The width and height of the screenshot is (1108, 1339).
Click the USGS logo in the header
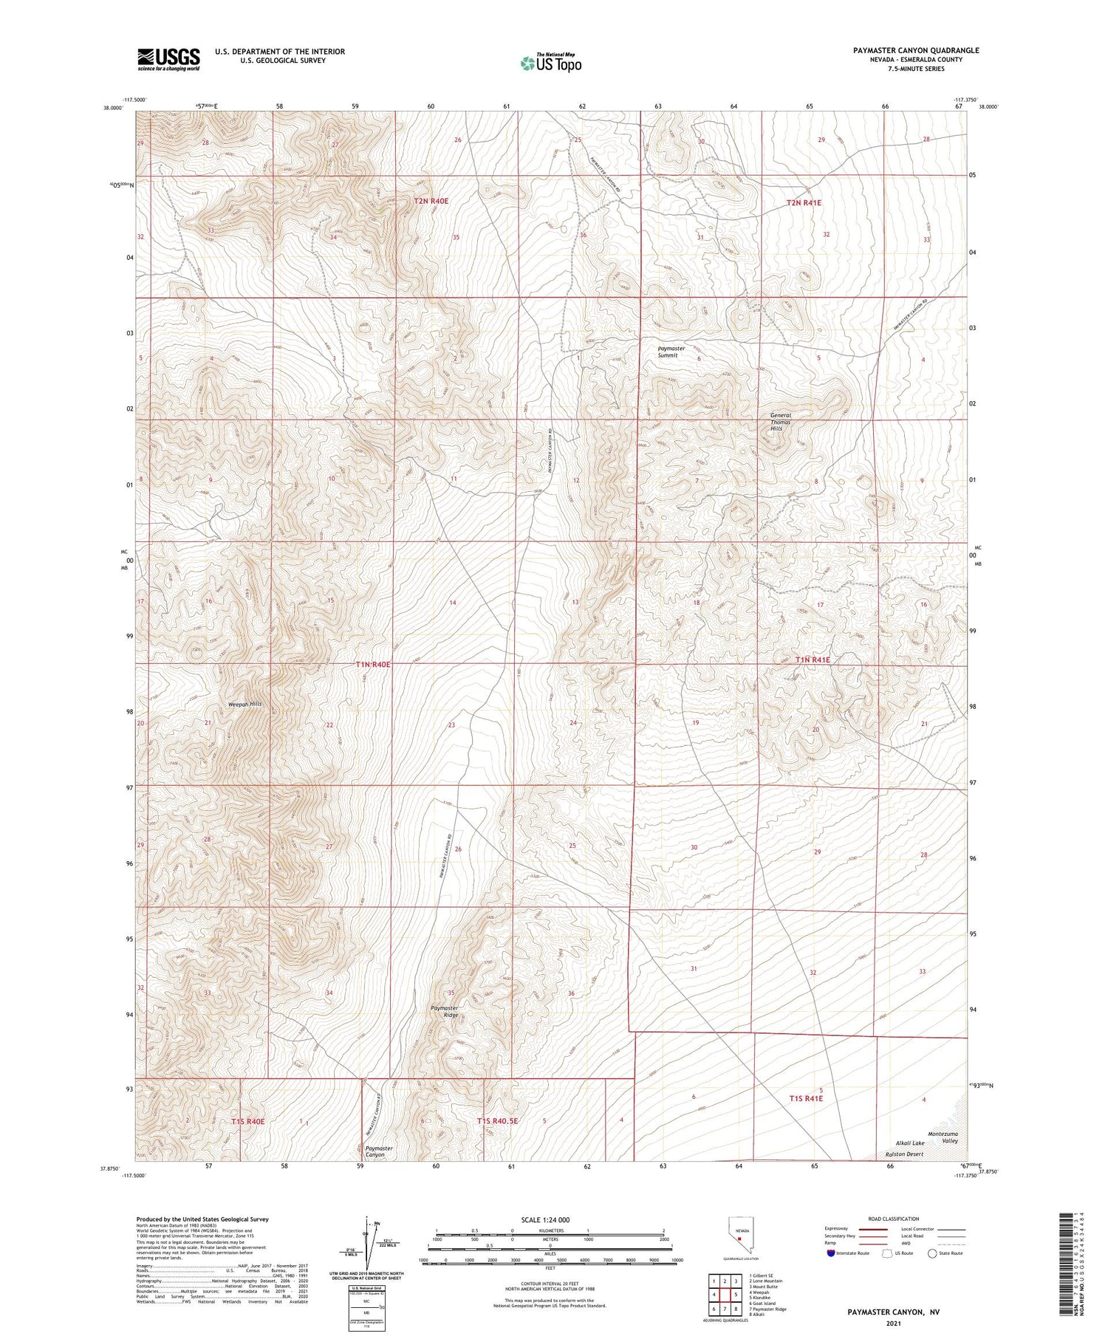click(168, 59)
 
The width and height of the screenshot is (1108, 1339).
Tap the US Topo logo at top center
click(550, 64)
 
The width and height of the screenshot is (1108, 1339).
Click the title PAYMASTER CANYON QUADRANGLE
click(915, 50)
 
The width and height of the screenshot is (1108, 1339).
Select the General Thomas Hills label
click(781, 422)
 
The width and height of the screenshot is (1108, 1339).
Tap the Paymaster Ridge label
click(445, 1011)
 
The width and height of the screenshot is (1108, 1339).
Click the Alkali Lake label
click(909, 1143)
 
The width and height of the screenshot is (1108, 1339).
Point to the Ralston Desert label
click(904, 1154)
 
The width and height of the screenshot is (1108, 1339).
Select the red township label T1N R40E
click(372, 665)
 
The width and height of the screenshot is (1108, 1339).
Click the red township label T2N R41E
click(804, 202)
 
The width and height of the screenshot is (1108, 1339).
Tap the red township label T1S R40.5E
click(497, 1120)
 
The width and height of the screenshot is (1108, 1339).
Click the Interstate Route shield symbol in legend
click(831, 1253)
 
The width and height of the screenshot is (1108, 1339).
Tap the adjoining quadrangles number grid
click(725, 1294)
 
